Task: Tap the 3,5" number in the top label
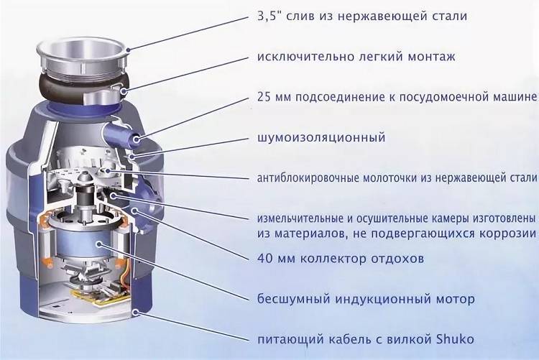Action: pos(269,17)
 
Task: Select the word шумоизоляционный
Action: pos(321,137)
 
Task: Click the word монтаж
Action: pos(431,57)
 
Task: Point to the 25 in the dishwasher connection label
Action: pos(264,97)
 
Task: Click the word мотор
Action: pos(456,300)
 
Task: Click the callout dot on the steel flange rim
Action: pos(128,50)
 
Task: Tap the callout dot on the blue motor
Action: pos(99,244)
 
